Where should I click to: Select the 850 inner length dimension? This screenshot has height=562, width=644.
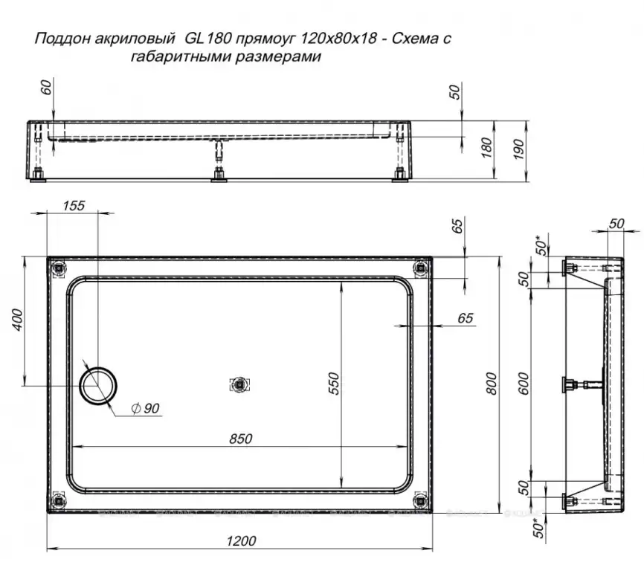pos(240,439)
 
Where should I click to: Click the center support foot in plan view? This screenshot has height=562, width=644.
pos(239,384)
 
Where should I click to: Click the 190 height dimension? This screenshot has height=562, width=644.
pos(519,149)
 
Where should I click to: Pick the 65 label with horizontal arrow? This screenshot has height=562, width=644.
pos(465,318)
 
